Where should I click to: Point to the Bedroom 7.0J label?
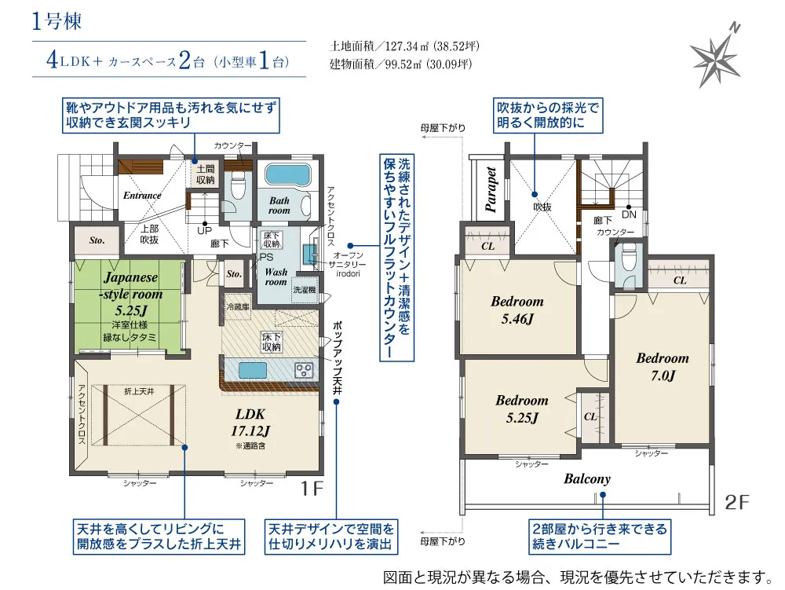coord(662,366)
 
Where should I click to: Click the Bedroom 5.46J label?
coord(517,310)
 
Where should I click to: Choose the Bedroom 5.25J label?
coord(521,409)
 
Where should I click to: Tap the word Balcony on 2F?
coord(586,478)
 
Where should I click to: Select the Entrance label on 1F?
coord(141,196)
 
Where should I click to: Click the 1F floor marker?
coord(312,489)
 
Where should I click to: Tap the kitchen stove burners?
coord(304,370)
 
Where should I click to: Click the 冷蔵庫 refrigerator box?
coord(237,307)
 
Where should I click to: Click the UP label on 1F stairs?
coord(204,231)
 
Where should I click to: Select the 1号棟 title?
coord(57,21)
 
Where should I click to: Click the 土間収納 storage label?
coord(206,174)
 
